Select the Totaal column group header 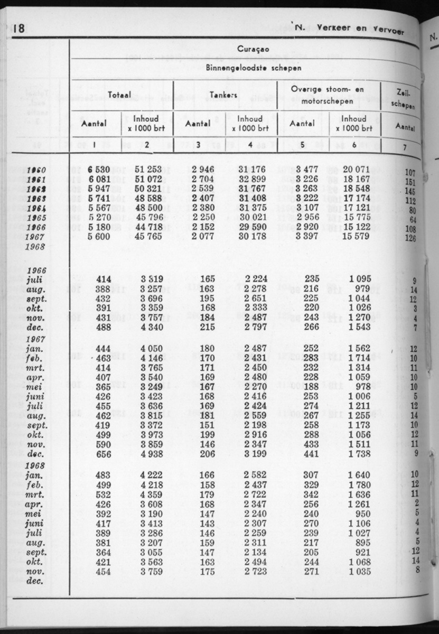tap(120, 95)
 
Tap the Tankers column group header tap(225, 95)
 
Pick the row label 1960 tap(36, 170)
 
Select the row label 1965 tap(36, 218)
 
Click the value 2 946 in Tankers tap(202, 170)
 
